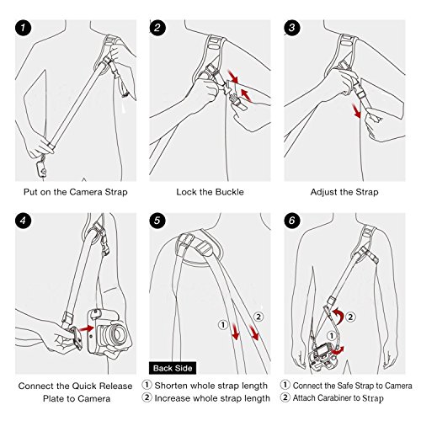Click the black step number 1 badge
coord(23,28)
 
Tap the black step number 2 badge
coord(157,28)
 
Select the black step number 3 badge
coord(292,28)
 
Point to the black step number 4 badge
coord(23,221)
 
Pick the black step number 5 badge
coord(157,221)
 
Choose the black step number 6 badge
coord(292,221)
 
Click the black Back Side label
coord(173,368)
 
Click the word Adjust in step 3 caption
coord(323,192)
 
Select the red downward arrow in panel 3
coord(358,110)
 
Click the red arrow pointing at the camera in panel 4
coord(87,328)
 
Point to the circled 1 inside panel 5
coord(223,325)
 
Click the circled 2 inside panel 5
coord(258,317)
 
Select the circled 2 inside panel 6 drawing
coord(350,317)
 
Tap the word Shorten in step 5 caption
coord(171,386)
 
